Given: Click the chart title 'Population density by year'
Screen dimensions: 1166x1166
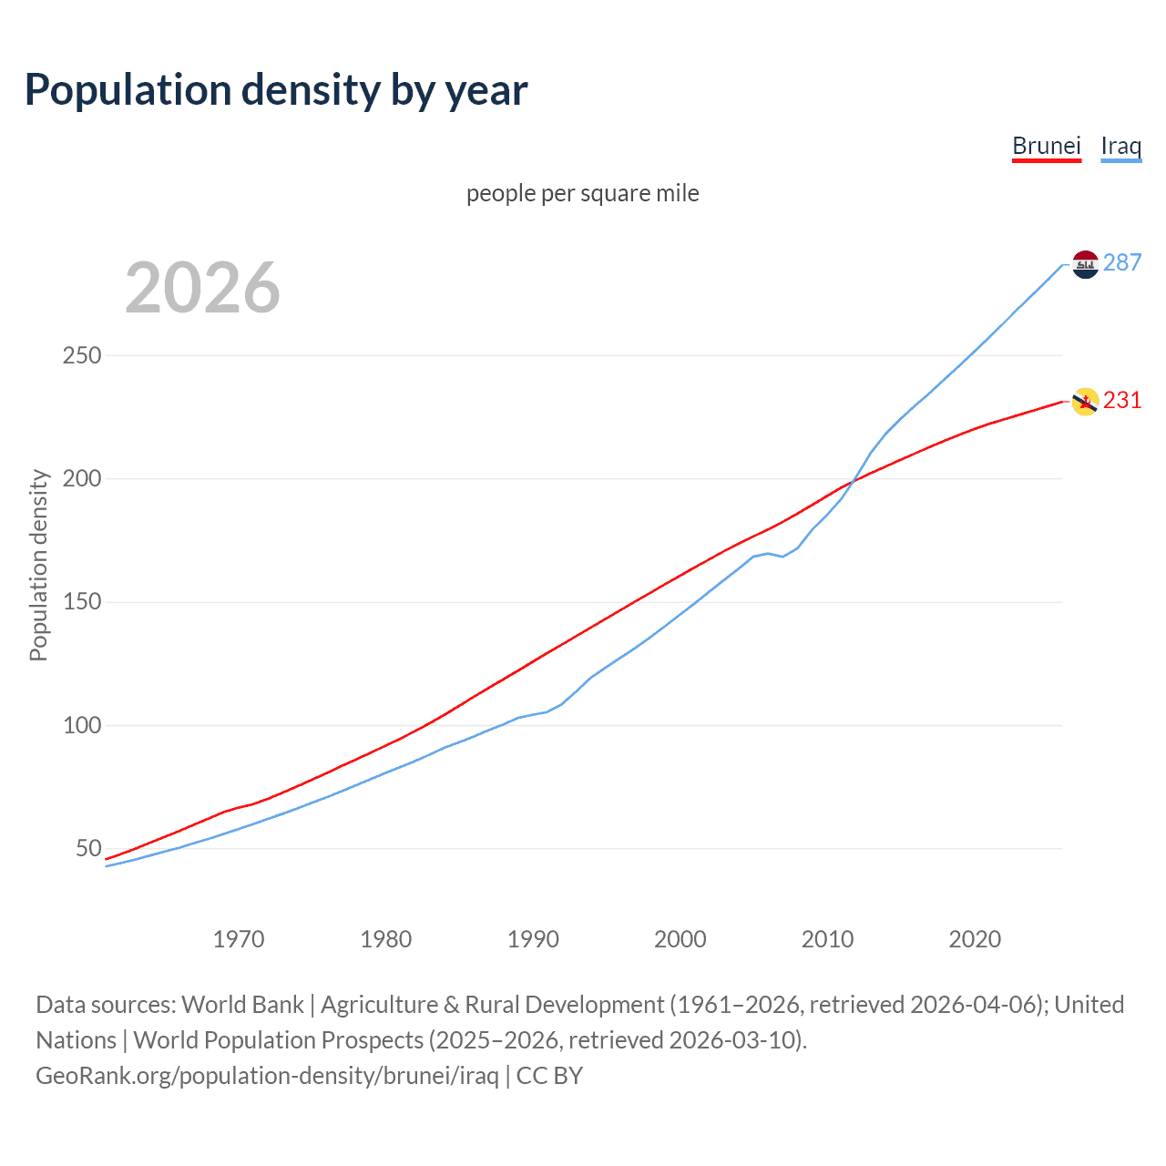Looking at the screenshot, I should [276, 90].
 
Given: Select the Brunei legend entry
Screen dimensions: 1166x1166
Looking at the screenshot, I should [1046, 146].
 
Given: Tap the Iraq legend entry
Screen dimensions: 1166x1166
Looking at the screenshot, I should [1120, 146].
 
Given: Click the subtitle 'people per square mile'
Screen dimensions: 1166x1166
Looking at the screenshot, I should [582, 194].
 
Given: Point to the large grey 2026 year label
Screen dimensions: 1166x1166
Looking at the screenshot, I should [202, 288].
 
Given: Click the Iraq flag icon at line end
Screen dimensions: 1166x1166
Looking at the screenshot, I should [1085, 264].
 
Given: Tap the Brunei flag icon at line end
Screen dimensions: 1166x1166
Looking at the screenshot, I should [1085, 401].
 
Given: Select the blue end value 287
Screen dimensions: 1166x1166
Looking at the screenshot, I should [1121, 263].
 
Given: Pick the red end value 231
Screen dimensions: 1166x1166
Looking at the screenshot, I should [1121, 401].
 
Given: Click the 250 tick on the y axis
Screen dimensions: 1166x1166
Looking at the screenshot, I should [81, 355].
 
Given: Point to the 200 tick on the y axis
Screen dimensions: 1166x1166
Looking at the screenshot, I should [81, 479].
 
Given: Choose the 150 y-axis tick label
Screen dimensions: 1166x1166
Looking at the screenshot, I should [81, 602].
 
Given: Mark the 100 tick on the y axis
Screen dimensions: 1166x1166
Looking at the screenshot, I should [81, 726].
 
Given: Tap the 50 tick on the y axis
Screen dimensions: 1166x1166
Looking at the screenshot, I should [88, 849].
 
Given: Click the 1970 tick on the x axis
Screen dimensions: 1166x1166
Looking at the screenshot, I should [238, 939].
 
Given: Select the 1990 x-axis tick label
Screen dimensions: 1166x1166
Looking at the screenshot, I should [533, 939].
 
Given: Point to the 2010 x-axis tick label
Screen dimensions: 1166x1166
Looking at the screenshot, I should [827, 939].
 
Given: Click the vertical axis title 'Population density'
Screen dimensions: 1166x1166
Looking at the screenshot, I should [38, 565].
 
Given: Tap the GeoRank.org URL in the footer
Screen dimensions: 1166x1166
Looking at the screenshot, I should [267, 1076].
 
